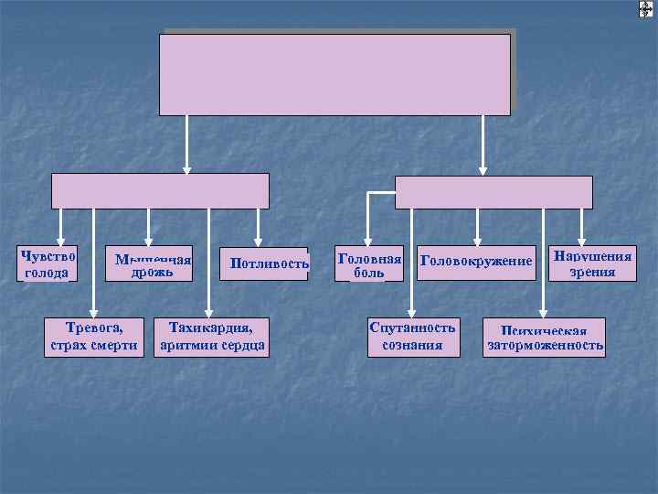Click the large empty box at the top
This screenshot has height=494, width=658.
pos(334,74)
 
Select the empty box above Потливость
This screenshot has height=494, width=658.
pos(160,191)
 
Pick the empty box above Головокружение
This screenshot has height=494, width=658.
pos(493,192)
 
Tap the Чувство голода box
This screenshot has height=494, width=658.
pos(47,263)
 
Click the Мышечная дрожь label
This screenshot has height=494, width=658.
pos(153,265)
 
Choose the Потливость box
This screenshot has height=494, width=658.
pos(263,263)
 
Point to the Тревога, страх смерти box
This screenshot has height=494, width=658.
pos(96,336)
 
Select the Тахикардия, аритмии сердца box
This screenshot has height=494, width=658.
pos(212,336)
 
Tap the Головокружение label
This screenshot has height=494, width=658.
pos(475,263)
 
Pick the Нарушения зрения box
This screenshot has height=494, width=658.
pos(592,263)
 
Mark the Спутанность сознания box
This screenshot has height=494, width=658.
pos(412,336)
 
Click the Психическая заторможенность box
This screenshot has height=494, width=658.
pos(546,338)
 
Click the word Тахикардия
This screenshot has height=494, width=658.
pos(212,327)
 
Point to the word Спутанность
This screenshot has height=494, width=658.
pos(412,327)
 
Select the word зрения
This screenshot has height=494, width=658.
pos(592,272)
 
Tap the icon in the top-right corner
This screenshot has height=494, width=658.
pos(646,9)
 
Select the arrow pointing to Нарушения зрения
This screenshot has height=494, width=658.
pos(581,229)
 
